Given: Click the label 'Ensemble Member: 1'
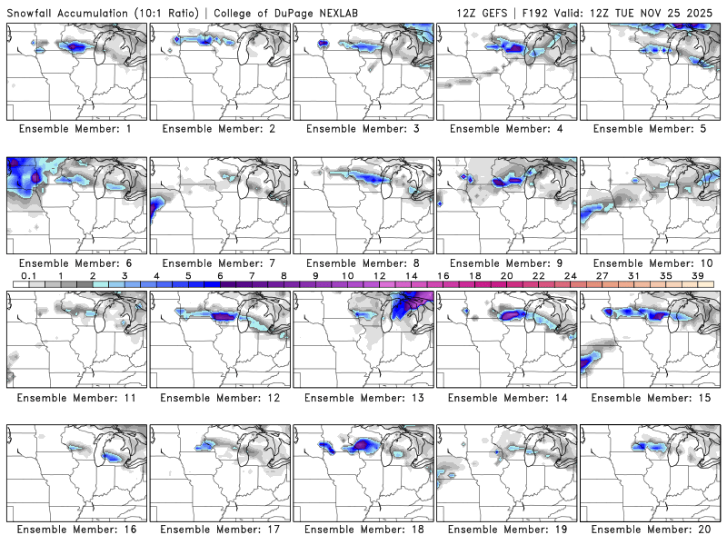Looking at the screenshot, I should pyautogui.click(x=76, y=129).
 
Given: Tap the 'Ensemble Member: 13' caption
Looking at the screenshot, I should pyautogui.click(x=363, y=398).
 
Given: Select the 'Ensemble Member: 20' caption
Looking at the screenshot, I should pyautogui.click(x=651, y=529).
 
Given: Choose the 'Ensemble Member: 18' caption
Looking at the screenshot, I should pyautogui.click(x=363, y=529).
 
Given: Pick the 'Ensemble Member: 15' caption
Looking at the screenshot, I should pyautogui.click(x=651, y=398).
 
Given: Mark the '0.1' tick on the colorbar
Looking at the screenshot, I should pyautogui.click(x=28, y=276).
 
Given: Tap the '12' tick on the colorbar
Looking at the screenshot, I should pyautogui.click(x=379, y=276).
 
